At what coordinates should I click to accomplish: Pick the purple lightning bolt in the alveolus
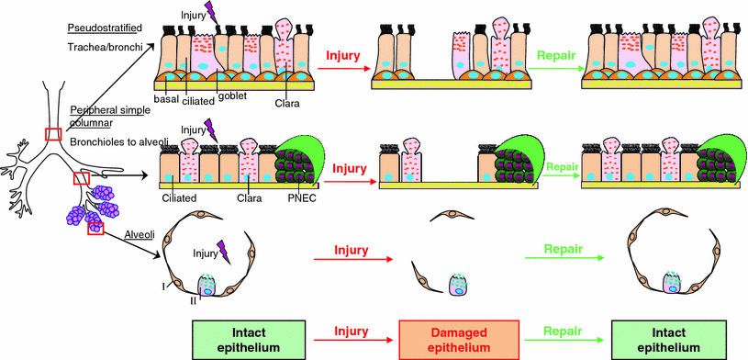(x=220, y=248)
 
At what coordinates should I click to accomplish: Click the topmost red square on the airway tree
(x=55, y=135)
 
